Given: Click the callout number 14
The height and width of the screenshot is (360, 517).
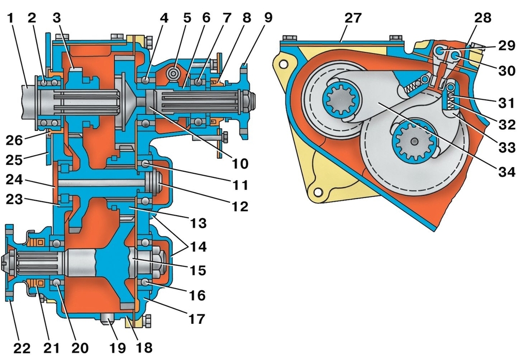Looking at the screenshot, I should tap(198, 247).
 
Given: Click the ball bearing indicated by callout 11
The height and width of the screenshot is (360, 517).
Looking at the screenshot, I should tap(145, 164).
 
